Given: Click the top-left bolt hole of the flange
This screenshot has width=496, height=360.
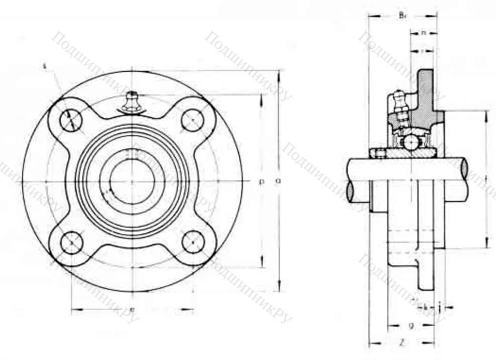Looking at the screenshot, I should click(71, 120).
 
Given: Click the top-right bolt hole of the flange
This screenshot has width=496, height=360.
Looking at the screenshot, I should click(192, 120).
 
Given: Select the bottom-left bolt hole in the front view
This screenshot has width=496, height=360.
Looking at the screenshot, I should click(71, 243).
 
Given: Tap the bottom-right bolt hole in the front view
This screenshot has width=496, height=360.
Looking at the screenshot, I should click(192, 243).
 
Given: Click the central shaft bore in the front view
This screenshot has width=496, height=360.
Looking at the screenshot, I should click(132, 181).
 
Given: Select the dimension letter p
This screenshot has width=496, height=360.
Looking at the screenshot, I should click(261, 182).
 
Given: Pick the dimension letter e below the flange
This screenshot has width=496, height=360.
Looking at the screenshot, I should click(132, 310).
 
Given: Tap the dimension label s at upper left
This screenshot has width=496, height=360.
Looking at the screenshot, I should click(45, 66).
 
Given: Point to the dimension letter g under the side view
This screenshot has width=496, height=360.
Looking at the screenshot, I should click(411, 326).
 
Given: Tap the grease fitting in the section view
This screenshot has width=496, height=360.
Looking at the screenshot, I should click(400, 103).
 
